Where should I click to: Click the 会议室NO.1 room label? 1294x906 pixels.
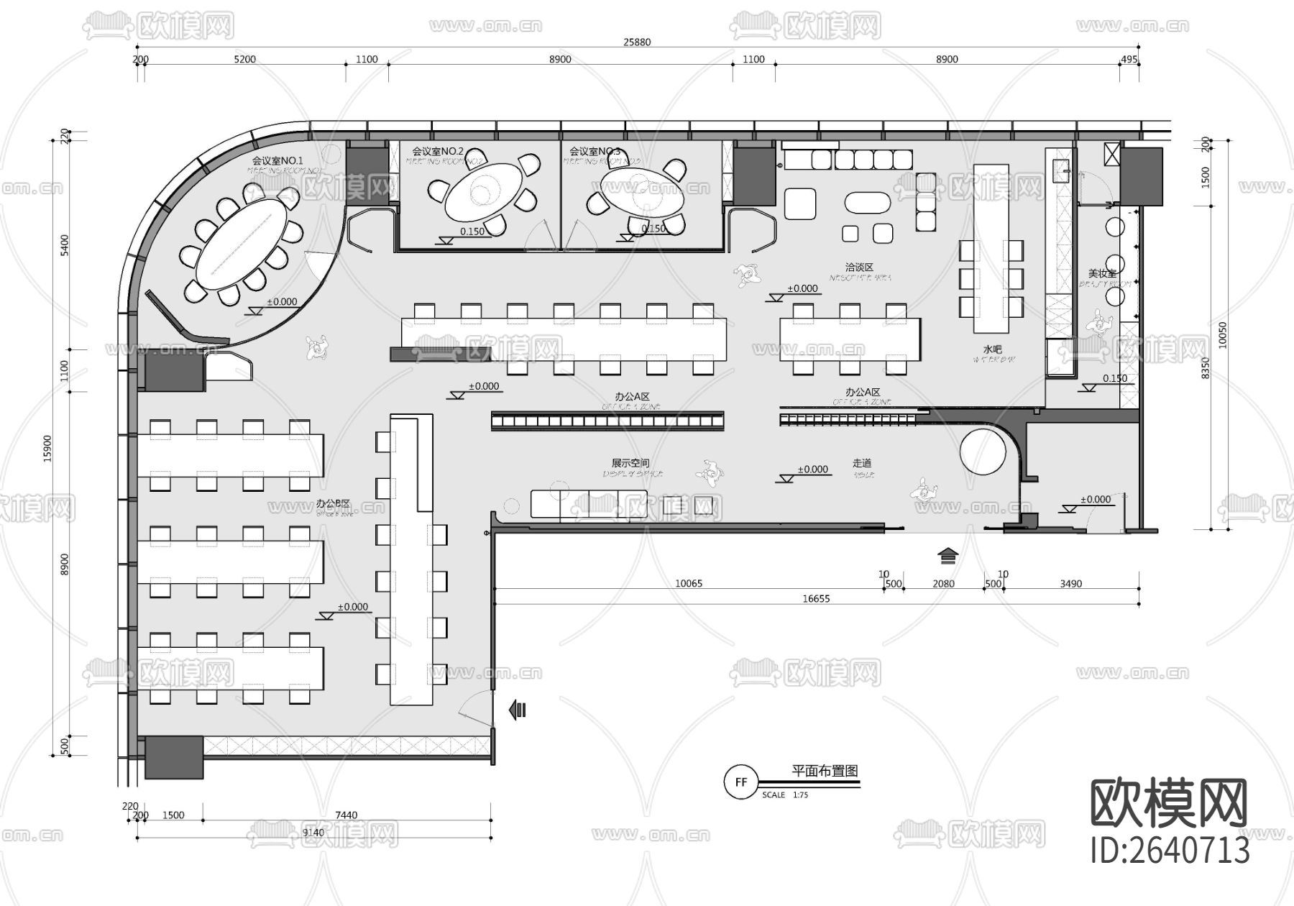277,160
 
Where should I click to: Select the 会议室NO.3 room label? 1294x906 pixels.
595,152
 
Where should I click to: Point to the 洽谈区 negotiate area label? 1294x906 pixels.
859,267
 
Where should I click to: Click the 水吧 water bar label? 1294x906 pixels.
992,349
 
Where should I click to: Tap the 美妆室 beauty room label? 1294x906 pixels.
1102,274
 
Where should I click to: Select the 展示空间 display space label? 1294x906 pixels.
630,464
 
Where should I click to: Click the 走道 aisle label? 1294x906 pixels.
862,464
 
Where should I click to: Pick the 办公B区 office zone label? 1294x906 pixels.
333,504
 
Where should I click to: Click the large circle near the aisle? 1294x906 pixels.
983,452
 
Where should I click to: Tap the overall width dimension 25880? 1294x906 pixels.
637,42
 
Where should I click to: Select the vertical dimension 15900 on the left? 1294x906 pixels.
47,447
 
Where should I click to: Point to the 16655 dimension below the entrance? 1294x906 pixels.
816,598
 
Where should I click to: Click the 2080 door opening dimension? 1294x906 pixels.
943,584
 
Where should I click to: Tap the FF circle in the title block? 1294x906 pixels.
741,782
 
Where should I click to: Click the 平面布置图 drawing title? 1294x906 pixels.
825,771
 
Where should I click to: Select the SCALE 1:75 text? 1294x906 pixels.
785,795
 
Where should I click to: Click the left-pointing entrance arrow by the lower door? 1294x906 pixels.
517,710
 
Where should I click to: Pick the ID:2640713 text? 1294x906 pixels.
1170,851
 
